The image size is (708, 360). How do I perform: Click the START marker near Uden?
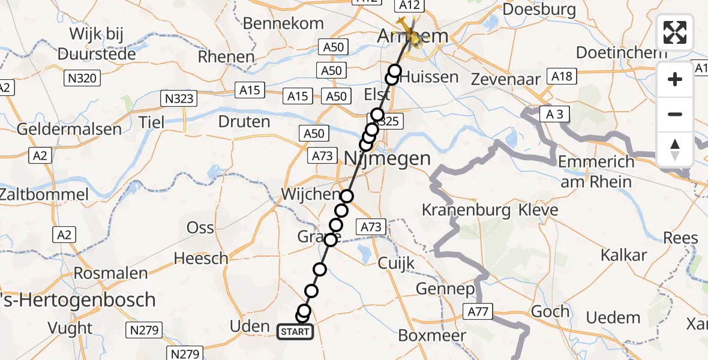tap(295, 331)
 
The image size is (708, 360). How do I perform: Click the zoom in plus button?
tap(675, 79)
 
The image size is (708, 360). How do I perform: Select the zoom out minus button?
tap(675, 114)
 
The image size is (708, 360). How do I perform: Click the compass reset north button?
tap(675, 149)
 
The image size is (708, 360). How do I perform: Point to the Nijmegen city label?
tap(388, 158)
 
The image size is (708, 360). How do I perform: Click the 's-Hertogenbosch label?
tap(78, 300)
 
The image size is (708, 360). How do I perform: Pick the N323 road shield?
tap(179, 98)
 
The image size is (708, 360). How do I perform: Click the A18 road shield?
tap(562, 76)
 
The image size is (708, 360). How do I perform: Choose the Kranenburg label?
tap(466, 210)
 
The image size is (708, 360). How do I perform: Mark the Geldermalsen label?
tap(69, 129)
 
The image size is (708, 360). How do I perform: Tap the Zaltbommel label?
tap(44, 194)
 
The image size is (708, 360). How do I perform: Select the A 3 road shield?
tap(554, 114)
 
